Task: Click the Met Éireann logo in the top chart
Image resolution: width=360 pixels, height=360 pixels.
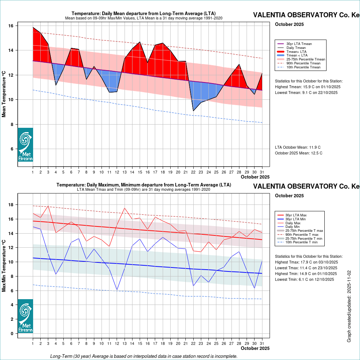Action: click(x=25, y=145)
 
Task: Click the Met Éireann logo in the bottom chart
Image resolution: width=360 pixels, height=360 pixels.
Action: click(x=25, y=316)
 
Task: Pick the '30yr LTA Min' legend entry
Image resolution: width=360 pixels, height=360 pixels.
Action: click(x=296, y=219)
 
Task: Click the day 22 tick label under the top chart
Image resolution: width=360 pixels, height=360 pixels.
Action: click(x=194, y=172)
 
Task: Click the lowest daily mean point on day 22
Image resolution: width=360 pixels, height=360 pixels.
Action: click(x=194, y=111)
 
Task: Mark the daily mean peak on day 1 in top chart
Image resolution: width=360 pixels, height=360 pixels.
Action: click(x=33, y=27)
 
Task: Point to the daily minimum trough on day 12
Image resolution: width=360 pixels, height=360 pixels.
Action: click(x=117, y=290)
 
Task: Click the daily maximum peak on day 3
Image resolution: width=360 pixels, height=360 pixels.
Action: click(x=48, y=206)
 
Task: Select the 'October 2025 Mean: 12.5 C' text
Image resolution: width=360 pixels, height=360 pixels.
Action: click(x=298, y=153)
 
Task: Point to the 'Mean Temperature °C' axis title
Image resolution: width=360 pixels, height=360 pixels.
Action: click(x=4, y=94)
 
